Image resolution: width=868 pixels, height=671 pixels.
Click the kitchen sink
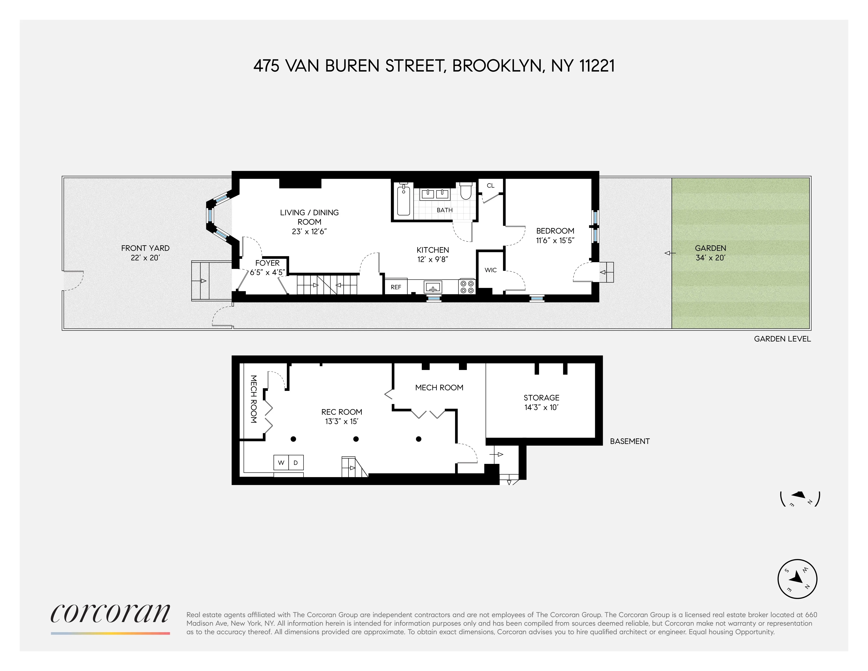(433, 287)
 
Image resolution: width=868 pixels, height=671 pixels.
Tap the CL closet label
(490, 186)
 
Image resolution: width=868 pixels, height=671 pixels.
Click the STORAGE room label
(541, 398)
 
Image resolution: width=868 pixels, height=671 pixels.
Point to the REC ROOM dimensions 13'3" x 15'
(342, 421)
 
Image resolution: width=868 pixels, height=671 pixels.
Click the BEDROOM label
(555, 231)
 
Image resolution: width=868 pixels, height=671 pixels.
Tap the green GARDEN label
(710, 248)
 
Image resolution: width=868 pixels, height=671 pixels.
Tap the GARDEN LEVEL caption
(782, 339)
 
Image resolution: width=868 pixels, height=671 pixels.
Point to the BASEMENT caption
(629, 441)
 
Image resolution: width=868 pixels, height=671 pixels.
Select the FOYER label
(267, 263)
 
